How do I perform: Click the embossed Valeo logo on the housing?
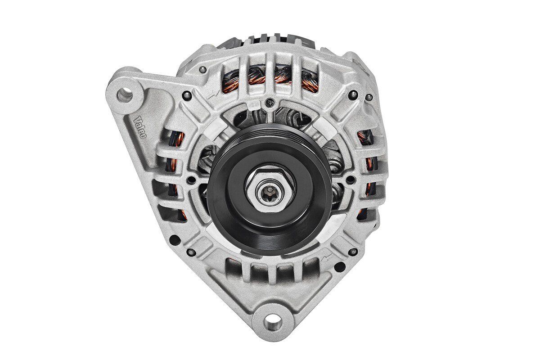[140, 127]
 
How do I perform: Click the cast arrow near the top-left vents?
[213, 94]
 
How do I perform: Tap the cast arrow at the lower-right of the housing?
[327, 257]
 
